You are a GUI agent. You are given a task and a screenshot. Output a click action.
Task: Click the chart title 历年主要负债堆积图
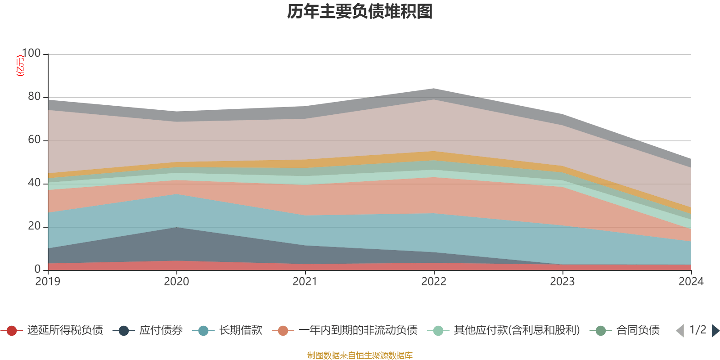[x=360, y=12]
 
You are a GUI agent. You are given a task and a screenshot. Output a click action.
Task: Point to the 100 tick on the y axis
[x=31, y=54]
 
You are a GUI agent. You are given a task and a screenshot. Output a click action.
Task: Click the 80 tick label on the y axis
[x=34, y=97]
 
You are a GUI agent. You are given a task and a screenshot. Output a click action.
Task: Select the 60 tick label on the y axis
[x=34, y=140]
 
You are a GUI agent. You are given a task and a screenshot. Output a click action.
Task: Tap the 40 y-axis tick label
[x=34, y=183]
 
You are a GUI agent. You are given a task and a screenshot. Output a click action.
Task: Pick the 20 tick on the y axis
[x=34, y=226]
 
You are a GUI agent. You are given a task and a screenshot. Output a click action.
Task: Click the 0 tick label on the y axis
[x=37, y=269]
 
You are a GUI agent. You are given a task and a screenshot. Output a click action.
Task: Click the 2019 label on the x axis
[x=48, y=282]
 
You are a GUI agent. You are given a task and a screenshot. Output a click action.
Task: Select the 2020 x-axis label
[x=176, y=282]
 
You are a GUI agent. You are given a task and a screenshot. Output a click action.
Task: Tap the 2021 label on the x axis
[x=305, y=282]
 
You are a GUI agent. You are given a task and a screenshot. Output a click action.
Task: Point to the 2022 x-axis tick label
[x=434, y=282]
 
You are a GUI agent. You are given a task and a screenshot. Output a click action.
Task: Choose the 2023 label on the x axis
[x=562, y=282]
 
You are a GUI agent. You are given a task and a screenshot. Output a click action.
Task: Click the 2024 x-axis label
[x=691, y=282]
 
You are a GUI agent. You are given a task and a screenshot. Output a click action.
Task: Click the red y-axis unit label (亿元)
[x=20, y=66]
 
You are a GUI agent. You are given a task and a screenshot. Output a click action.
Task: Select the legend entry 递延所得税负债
[x=65, y=331]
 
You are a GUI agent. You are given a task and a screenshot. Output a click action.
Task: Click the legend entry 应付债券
[x=161, y=331]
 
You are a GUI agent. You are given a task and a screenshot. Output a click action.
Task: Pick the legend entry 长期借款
[x=240, y=331]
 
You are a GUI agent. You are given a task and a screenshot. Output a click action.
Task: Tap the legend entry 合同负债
[x=638, y=331]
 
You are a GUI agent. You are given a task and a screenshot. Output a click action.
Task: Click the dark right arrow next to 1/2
[x=715, y=331]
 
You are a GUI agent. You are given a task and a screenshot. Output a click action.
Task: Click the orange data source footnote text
[x=360, y=355]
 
